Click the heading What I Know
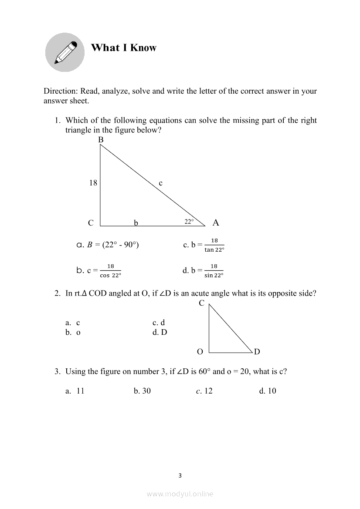click(x=123, y=48)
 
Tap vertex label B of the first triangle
click(x=101, y=140)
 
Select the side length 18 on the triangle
click(x=93, y=183)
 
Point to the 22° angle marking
click(x=189, y=222)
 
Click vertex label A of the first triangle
click(x=216, y=223)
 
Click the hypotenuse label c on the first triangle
click(x=160, y=183)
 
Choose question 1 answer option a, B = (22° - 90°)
click(x=108, y=245)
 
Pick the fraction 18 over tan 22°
click(x=214, y=245)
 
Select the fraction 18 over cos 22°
click(x=110, y=270)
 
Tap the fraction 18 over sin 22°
click(x=214, y=270)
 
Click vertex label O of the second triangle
click(x=200, y=352)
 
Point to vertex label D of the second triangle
click(x=257, y=352)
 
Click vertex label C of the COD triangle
click(x=201, y=303)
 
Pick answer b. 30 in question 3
click(x=143, y=391)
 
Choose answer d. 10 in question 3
click(x=268, y=391)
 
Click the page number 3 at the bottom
click(x=180, y=475)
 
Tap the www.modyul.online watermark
click(x=180, y=494)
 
